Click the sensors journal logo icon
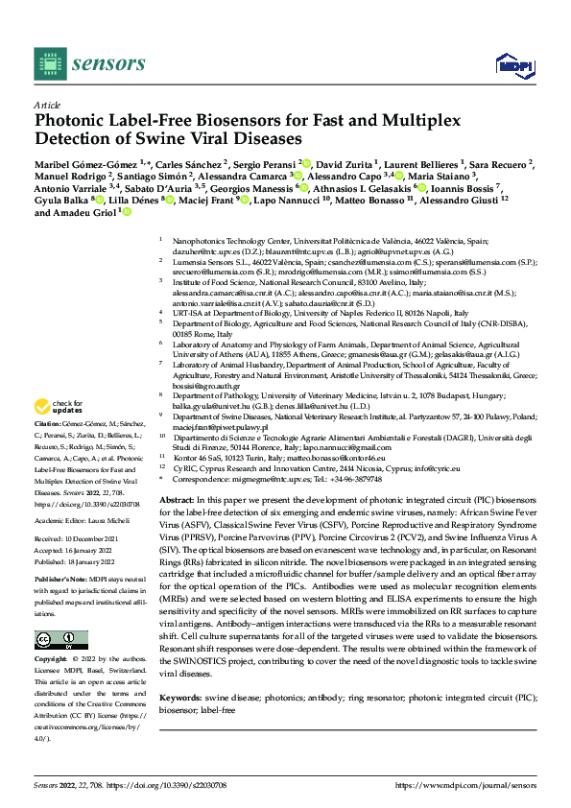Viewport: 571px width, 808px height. pos(50,63)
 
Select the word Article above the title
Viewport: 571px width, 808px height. pos(47,104)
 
